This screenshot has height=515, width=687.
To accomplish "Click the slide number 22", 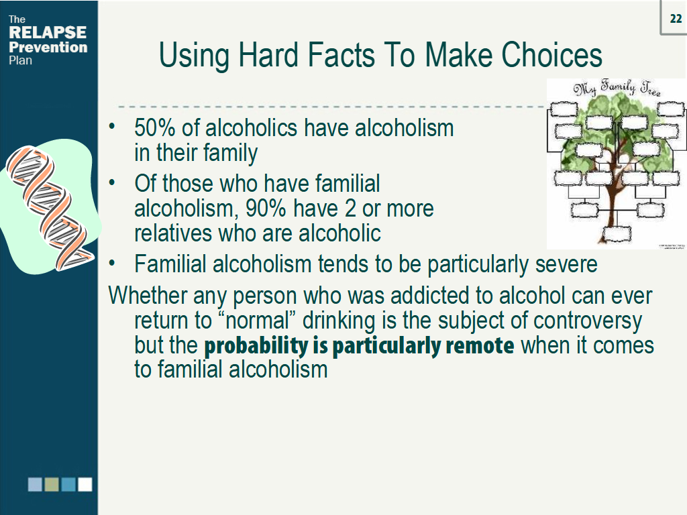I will click(675, 18).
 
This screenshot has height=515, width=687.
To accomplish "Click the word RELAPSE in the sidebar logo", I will click(47, 33).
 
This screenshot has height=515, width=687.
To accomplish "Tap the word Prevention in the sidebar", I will click(48, 47).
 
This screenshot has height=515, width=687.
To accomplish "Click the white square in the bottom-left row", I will click(85, 484).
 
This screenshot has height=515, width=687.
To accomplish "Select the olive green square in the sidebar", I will click(52, 484).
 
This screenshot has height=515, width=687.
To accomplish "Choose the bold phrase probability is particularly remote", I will click(359, 346).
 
